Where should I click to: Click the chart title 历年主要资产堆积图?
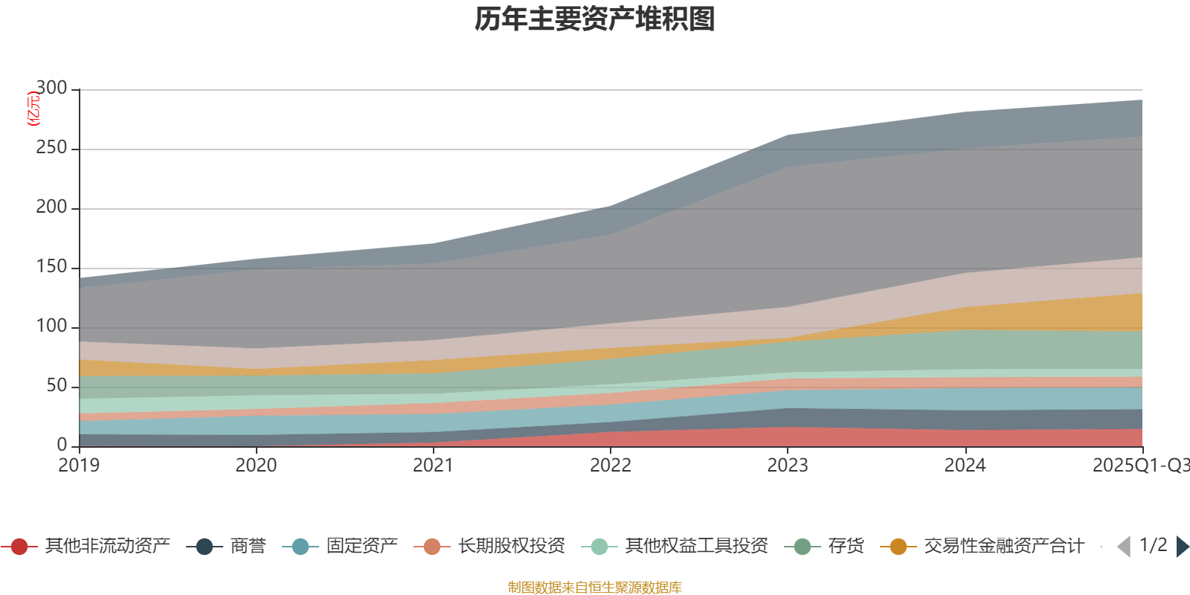(595, 19)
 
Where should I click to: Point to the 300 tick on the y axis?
(51, 89)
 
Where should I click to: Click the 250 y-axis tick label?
(51, 148)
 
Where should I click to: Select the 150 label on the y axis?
(51, 267)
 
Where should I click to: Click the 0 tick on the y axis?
(62, 445)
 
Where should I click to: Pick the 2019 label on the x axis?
(79, 466)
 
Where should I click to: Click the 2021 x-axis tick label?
(433, 466)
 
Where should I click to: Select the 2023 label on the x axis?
(788, 466)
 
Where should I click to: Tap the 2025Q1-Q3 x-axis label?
(1139, 466)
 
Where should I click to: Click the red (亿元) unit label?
(33, 109)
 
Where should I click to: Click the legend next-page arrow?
(1182, 547)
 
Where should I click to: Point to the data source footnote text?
(595, 588)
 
